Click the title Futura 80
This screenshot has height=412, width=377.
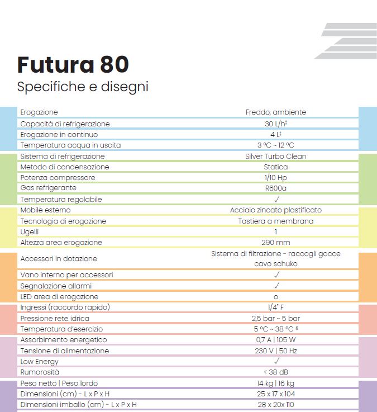point(73,65)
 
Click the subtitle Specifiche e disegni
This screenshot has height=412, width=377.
point(83,87)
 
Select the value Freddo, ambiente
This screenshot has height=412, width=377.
point(275,112)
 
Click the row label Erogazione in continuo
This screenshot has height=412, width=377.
point(59,135)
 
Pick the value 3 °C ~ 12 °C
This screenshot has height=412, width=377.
point(275,145)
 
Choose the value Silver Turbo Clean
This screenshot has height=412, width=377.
point(275,157)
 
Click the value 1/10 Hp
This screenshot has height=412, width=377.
point(275,178)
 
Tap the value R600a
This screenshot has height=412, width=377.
point(275,188)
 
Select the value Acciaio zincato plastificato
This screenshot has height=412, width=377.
point(275,210)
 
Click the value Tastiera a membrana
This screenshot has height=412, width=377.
point(275,221)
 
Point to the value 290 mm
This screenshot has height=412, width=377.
point(275,243)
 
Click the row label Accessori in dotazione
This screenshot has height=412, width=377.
point(59,259)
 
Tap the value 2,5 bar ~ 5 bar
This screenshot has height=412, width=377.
point(275,318)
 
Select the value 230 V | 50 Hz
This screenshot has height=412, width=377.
point(275,351)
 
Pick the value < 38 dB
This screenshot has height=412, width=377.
point(275,372)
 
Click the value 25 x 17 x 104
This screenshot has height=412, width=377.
point(275,394)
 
